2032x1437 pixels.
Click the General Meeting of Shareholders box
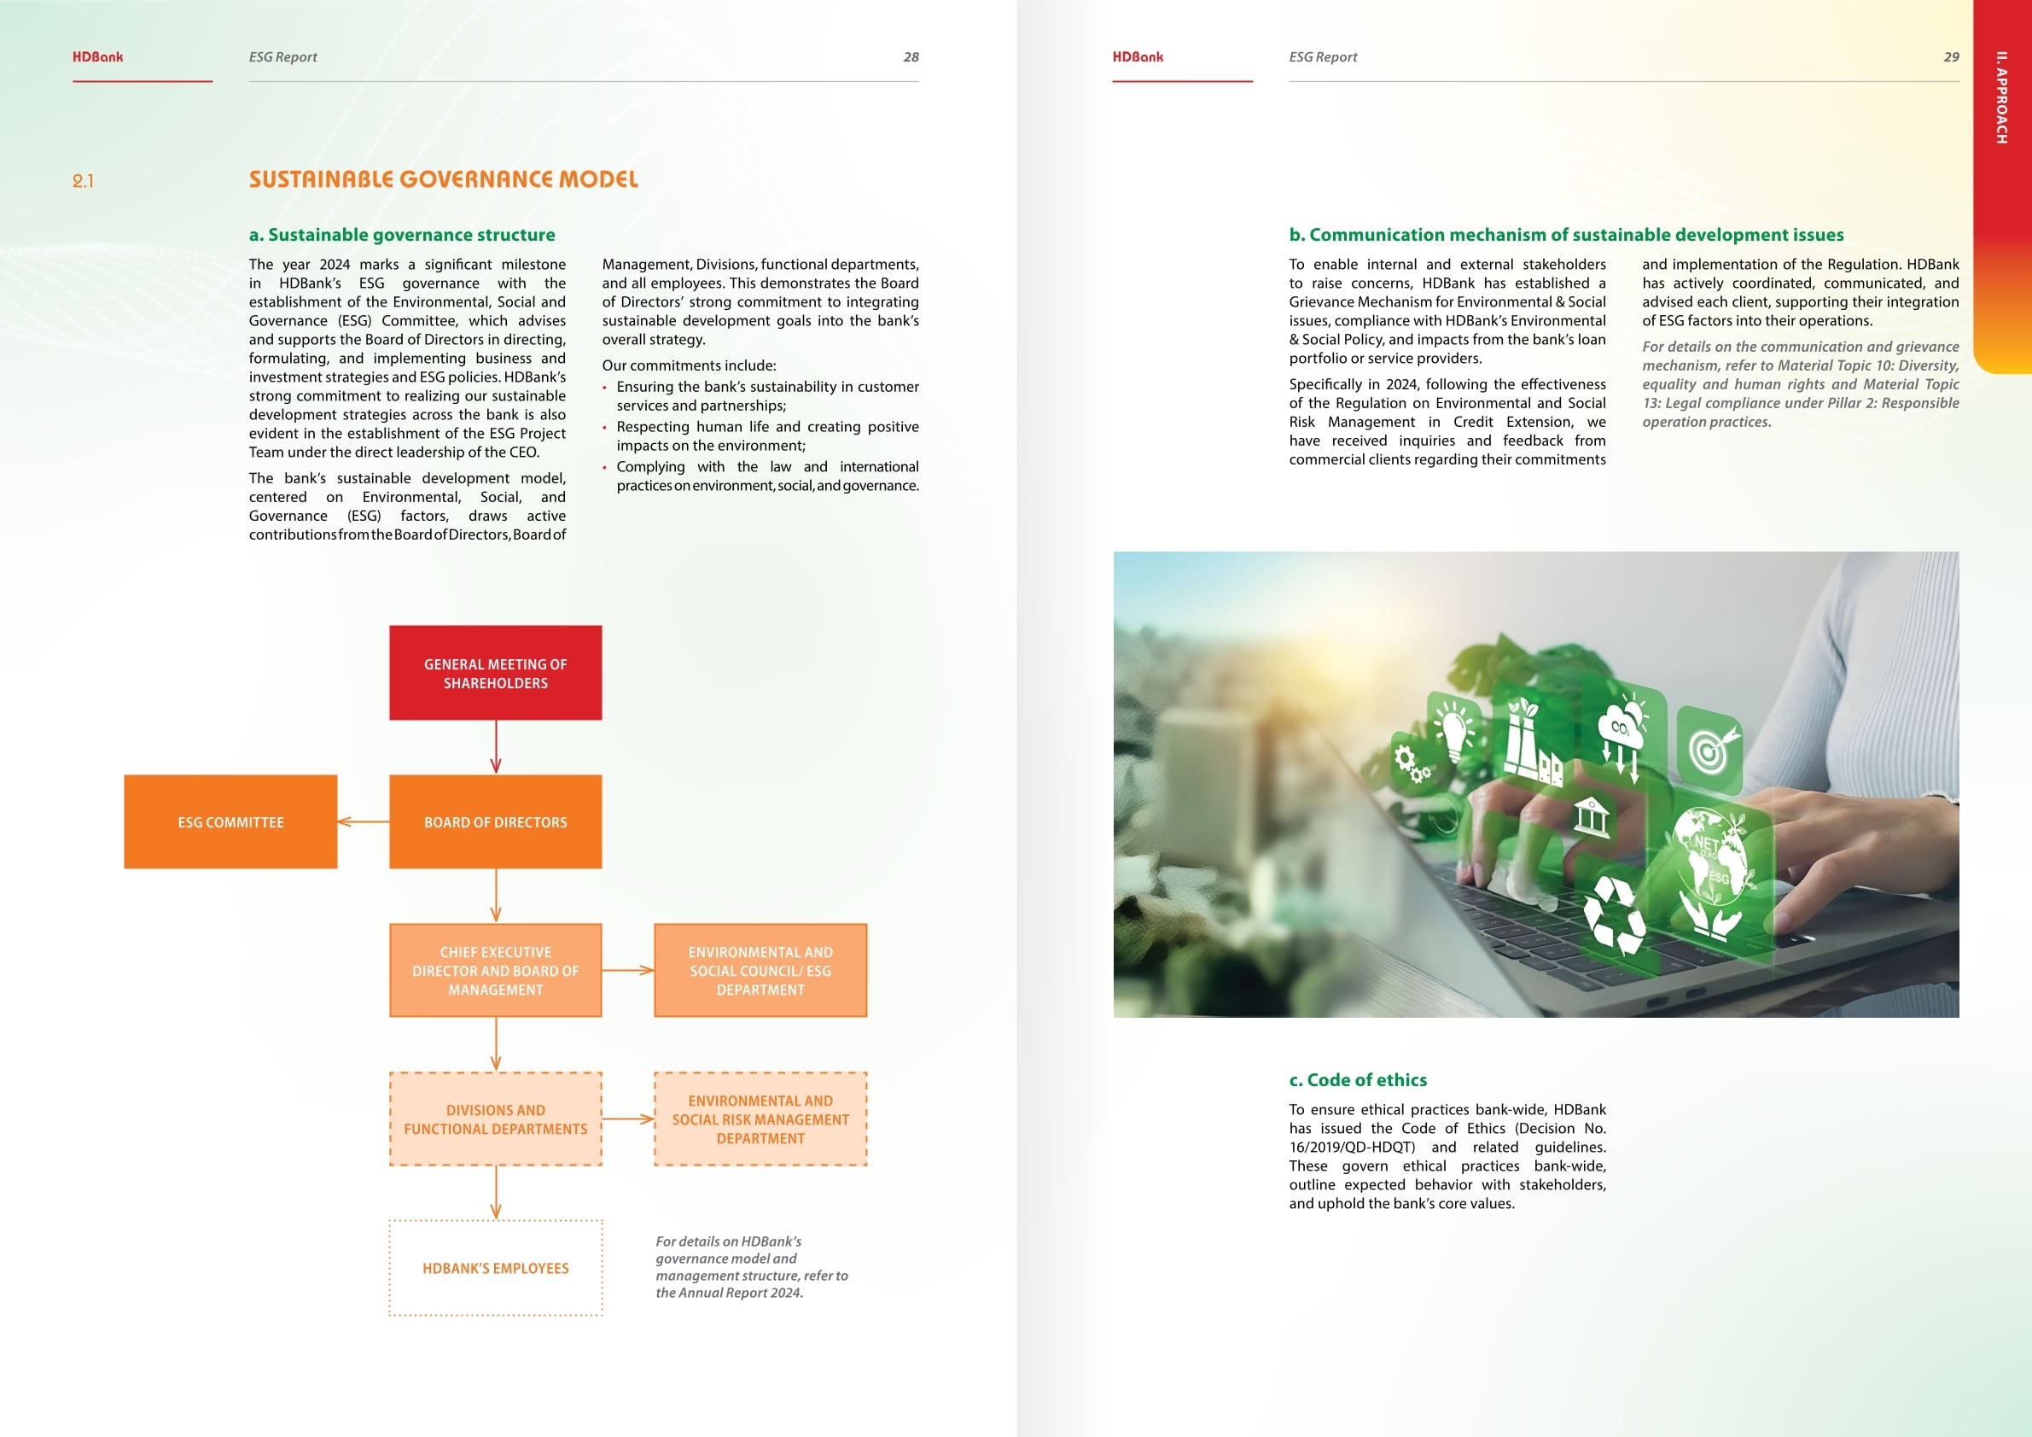(495, 673)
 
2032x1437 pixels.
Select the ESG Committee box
(230, 821)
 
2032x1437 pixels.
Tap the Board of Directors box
(495, 821)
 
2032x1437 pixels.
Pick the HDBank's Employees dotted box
(495, 1268)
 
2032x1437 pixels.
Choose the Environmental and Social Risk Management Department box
(760, 1119)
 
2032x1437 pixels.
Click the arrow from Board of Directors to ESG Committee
(363, 821)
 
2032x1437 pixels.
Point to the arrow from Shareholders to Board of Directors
(496, 747)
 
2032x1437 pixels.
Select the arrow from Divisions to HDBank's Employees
(496, 1193)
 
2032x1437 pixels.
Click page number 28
(911, 56)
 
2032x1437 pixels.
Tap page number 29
(1951, 56)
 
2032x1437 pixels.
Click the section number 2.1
(83, 182)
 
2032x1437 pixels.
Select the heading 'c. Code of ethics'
(1358, 1079)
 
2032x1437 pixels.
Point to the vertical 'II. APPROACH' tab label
(2001, 97)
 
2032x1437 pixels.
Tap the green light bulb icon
(1453, 732)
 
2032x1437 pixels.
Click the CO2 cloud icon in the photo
(1622, 737)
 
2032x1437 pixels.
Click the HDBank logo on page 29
(1138, 56)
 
